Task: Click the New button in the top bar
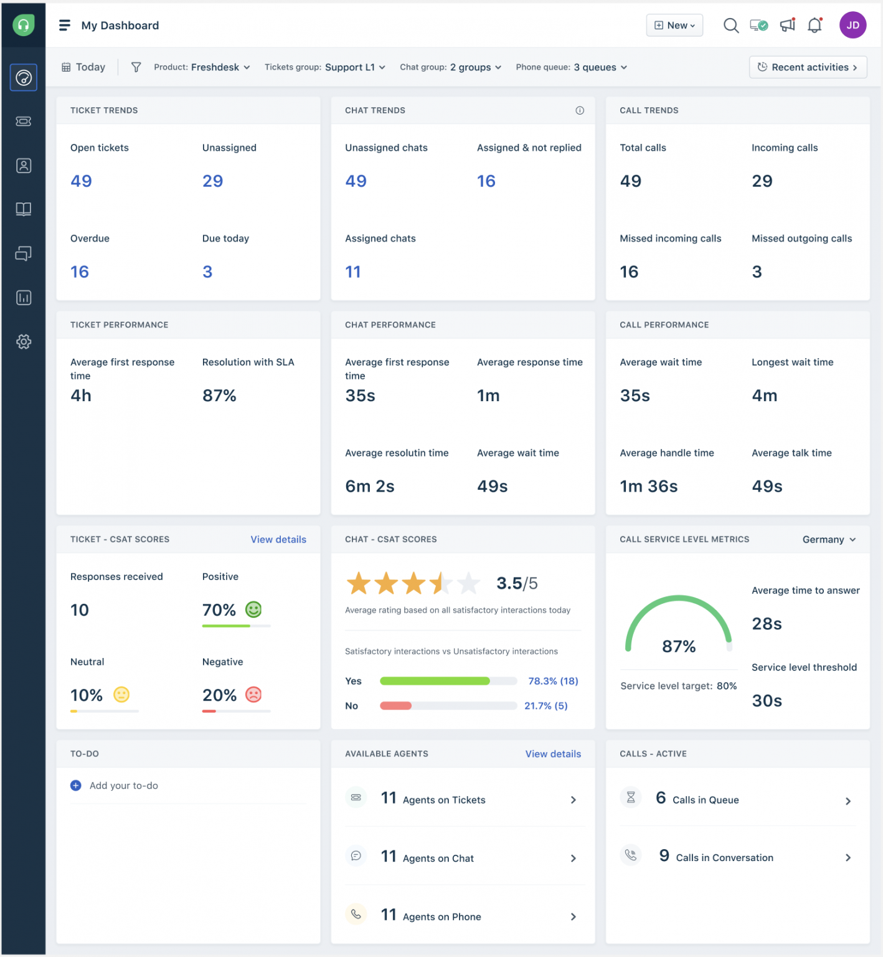tap(674, 26)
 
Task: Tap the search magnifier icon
tap(730, 26)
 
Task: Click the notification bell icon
tap(815, 26)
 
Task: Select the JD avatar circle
tap(852, 26)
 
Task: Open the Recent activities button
tap(808, 67)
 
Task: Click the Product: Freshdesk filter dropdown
tap(202, 67)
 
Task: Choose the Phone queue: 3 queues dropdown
tap(571, 67)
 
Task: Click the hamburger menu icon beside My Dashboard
tap(64, 26)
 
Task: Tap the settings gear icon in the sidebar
tap(24, 341)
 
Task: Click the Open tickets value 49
tap(81, 181)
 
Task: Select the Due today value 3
tap(207, 272)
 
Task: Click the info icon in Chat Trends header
tap(580, 110)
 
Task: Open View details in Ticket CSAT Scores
tap(278, 540)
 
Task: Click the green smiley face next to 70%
tap(253, 609)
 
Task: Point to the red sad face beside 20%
tap(253, 695)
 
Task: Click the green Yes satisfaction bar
tap(435, 681)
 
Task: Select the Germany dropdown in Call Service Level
tap(829, 540)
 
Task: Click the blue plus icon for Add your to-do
tap(76, 786)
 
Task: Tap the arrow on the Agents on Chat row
tap(574, 859)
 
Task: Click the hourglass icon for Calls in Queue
tap(631, 797)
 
